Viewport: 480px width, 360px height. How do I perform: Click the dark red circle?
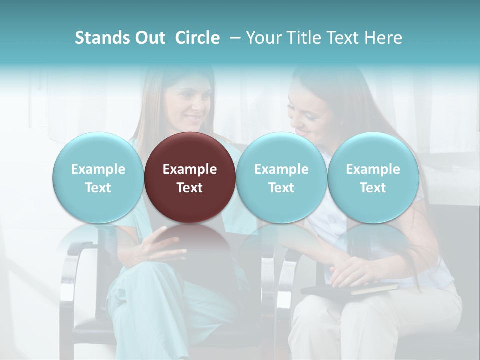coord(190,177)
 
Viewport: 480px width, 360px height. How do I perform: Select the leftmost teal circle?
coord(98,177)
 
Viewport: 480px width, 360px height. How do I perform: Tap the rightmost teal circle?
coord(373,177)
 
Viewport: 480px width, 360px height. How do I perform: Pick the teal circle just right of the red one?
coord(281,177)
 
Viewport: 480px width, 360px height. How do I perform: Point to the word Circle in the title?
coord(197,38)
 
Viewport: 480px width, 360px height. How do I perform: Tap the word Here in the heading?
coord(384,38)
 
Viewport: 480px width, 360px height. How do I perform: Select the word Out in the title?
coord(151,38)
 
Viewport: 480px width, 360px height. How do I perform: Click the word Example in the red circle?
coord(190,169)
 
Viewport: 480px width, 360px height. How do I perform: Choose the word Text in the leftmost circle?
coord(98,188)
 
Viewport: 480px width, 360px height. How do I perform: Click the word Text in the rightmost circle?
coord(373,188)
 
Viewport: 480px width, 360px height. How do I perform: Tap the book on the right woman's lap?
coord(350,289)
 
